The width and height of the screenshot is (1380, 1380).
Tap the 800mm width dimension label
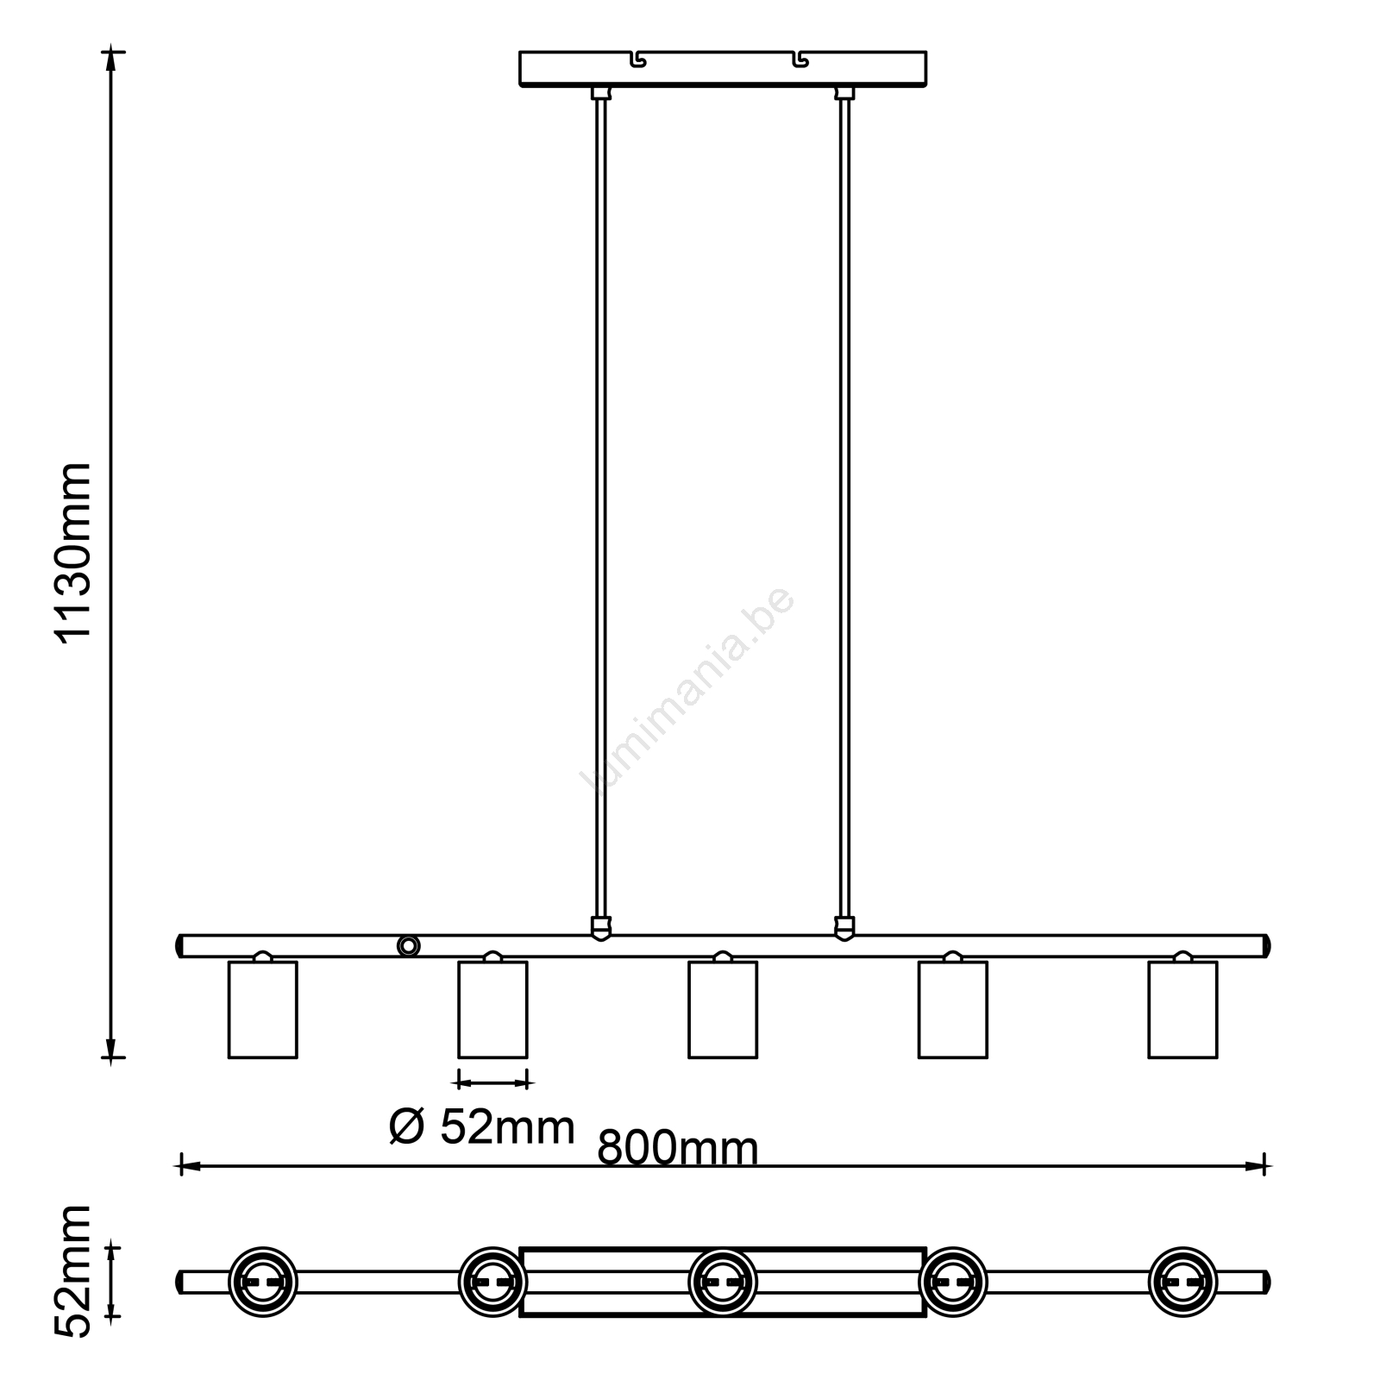click(x=678, y=1148)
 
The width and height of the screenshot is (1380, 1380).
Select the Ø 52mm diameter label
click(x=482, y=1126)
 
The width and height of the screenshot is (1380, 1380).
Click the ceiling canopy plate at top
click(x=723, y=69)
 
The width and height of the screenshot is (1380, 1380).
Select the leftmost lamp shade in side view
click(x=263, y=1009)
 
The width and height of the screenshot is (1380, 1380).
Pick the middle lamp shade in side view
click(x=723, y=1009)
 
